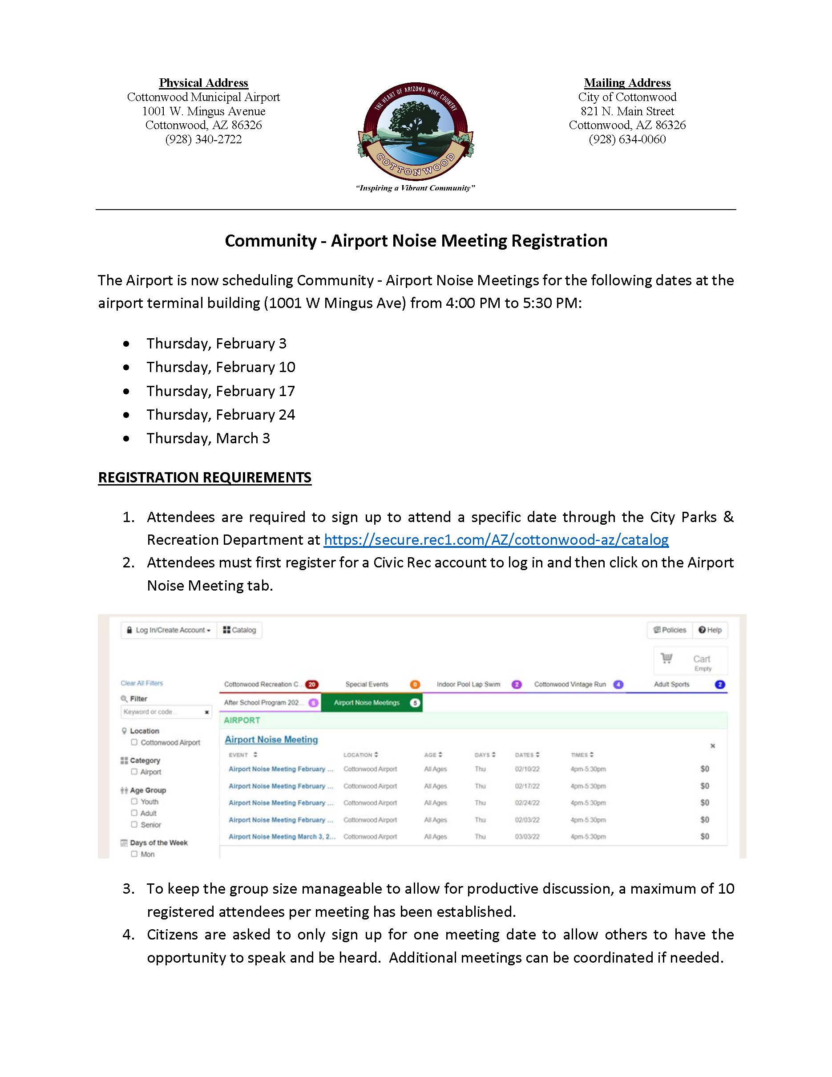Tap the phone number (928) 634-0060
[627, 140]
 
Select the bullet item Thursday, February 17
[220, 391]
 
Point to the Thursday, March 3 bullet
[208, 438]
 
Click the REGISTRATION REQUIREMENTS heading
[205, 478]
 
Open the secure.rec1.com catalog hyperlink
[496, 540]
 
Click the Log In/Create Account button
[169, 630]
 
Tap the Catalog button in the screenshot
[239, 630]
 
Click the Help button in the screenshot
[710, 630]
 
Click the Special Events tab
[367, 684]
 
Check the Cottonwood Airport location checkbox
[134, 742]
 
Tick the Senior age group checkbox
[134, 824]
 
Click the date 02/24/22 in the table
[527, 803]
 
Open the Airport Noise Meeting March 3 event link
[282, 837]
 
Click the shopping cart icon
[666, 658]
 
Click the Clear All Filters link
[141, 684]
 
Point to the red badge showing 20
[311, 684]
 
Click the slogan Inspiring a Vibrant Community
[416, 188]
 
